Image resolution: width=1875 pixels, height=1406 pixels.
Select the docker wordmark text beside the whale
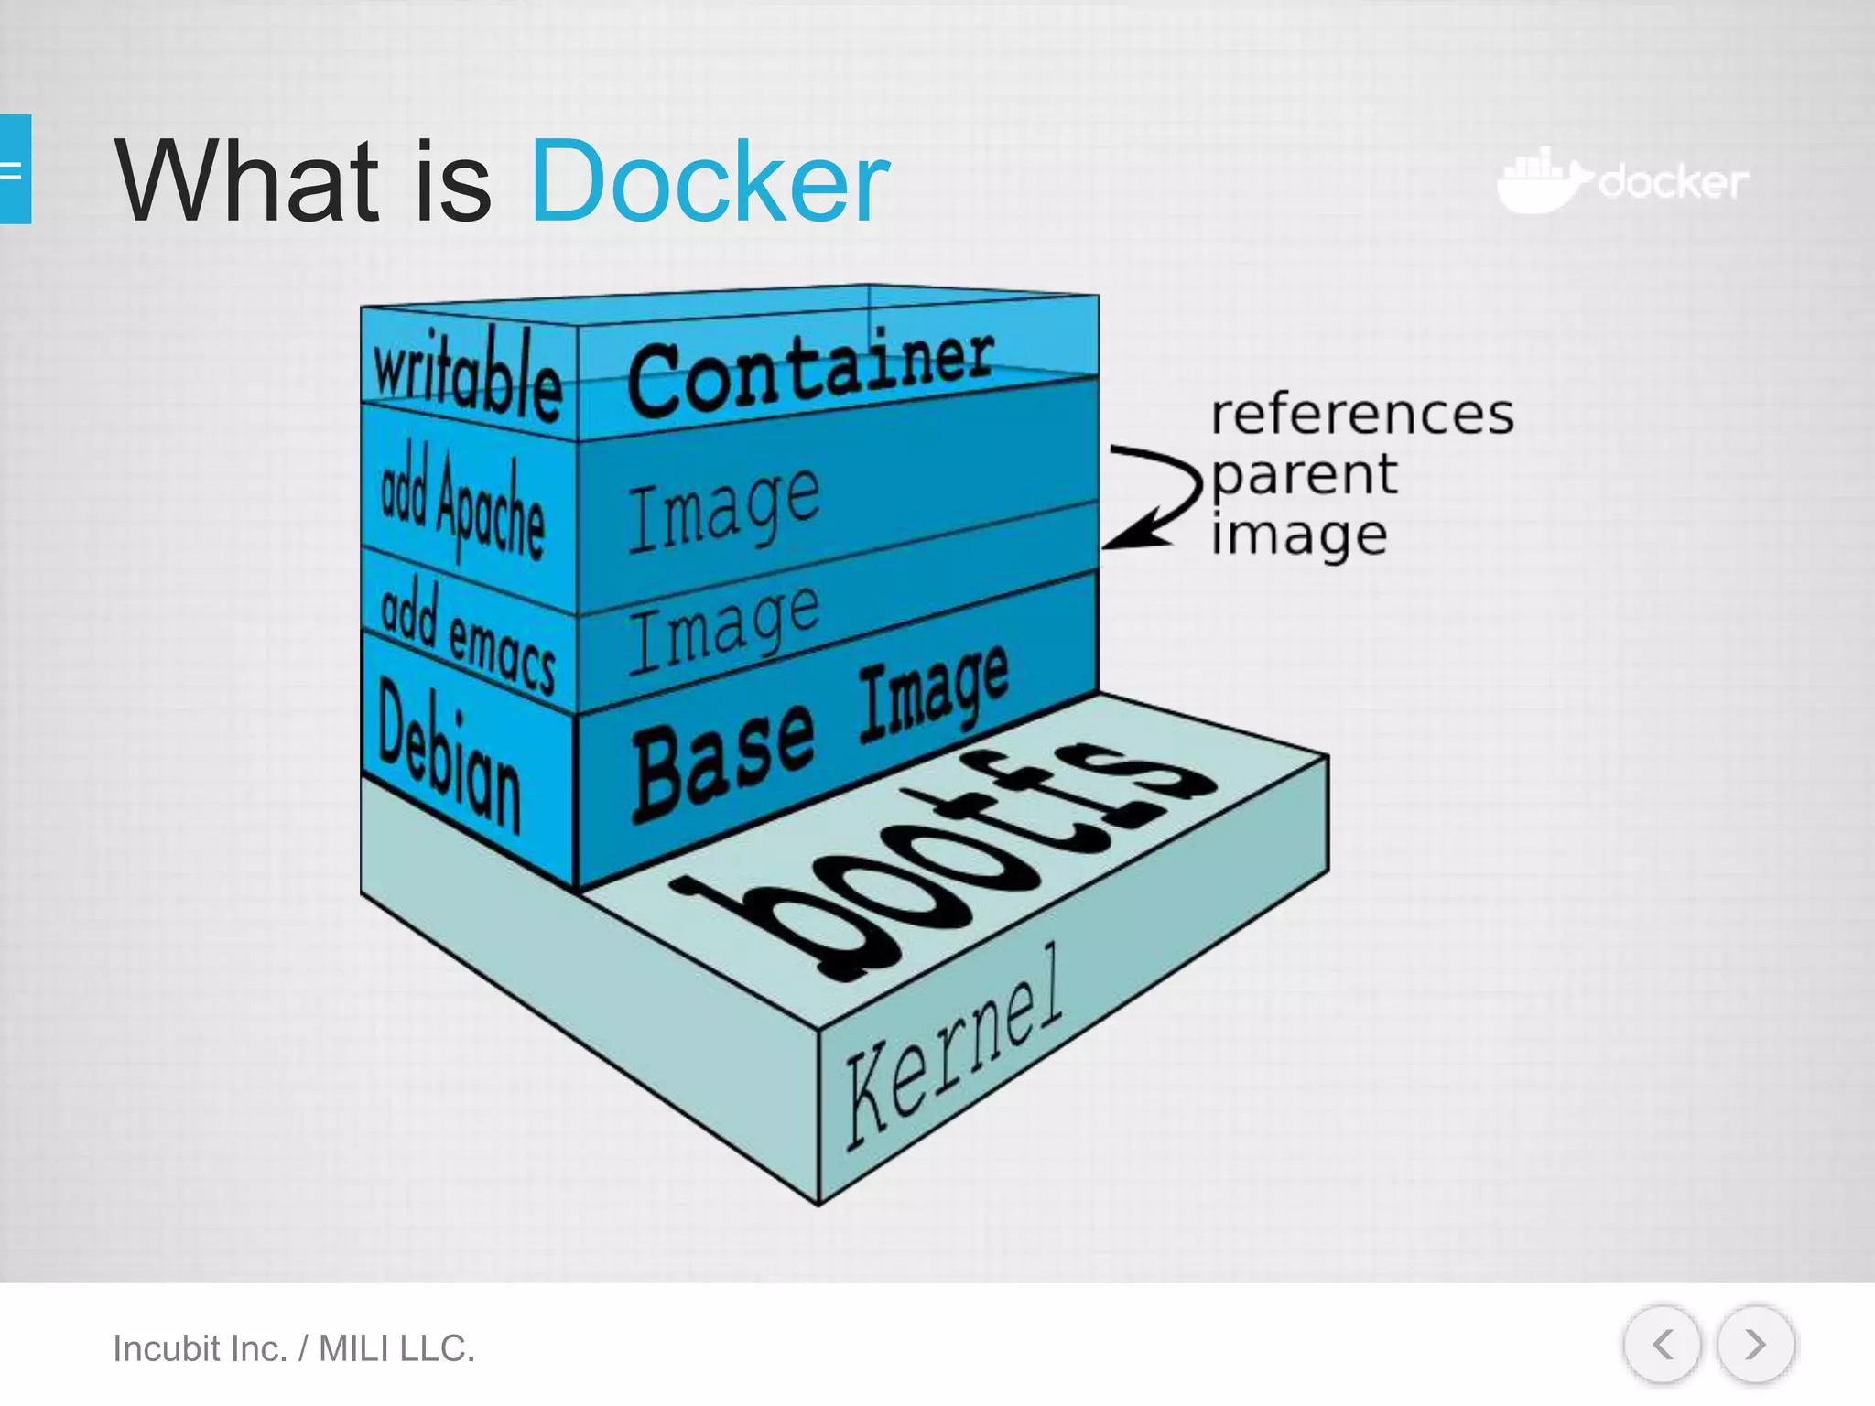point(1674,182)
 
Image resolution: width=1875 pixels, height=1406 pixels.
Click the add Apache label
point(462,505)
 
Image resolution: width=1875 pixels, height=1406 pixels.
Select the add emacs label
point(467,639)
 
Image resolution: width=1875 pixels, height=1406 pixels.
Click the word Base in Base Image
point(723,762)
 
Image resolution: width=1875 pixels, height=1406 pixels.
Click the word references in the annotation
point(1361,415)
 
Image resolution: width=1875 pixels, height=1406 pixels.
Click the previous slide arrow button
point(1662,1345)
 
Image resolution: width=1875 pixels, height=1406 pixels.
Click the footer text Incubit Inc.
point(200,1348)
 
